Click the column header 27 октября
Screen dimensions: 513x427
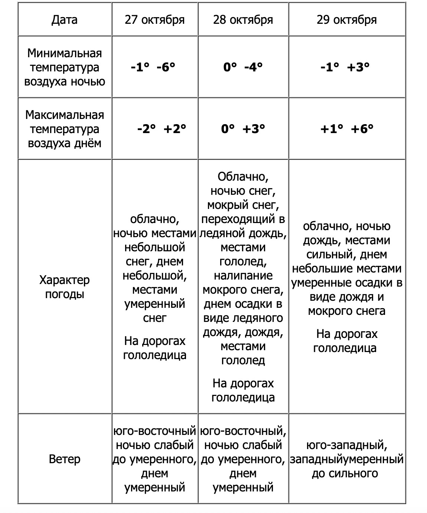[x=154, y=20]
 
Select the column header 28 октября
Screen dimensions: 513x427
[x=243, y=20]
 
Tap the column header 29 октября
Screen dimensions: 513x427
[x=346, y=20]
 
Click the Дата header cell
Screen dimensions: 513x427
[x=65, y=20]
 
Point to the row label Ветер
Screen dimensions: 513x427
[x=65, y=459]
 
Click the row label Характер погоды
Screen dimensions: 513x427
[x=65, y=287]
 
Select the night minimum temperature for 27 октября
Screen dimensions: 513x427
[x=153, y=67]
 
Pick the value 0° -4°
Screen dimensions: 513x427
[x=243, y=67]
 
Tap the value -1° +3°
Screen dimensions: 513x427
[x=345, y=67]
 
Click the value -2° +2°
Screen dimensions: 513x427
[x=162, y=129]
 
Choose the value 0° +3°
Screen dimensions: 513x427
[x=243, y=129]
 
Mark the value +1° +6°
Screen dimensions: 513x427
[x=346, y=129]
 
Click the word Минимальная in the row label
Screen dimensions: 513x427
[x=65, y=53]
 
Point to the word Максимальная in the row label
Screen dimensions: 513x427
[x=65, y=115]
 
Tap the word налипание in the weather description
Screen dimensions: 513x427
[x=243, y=275]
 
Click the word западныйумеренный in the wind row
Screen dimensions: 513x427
[x=346, y=459]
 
